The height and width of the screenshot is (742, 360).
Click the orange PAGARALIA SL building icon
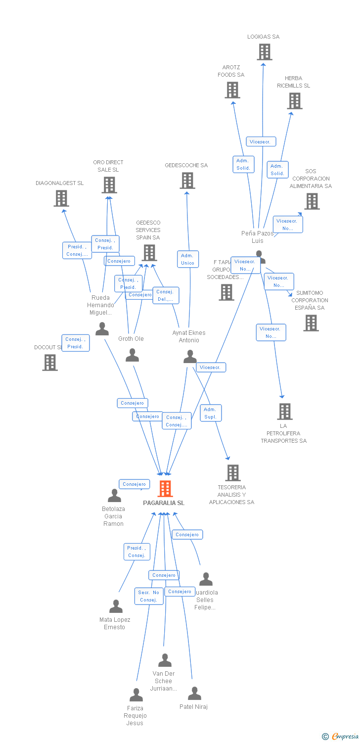[x=165, y=489]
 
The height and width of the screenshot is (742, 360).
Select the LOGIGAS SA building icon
[x=265, y=52]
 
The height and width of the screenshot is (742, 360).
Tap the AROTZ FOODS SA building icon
[x=232, y=90]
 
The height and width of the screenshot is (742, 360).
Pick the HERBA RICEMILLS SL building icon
[x=295, y=101]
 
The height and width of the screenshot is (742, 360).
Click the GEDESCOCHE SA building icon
[x=187, y=181]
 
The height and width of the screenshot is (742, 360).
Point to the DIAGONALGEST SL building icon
[x=61, y=198]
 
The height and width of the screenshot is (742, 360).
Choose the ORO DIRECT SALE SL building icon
[x=109, y=185]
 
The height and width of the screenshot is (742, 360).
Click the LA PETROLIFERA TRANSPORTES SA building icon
[x=284, y=412]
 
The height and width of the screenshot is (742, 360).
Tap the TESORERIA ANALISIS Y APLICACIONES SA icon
[x=233, y=473]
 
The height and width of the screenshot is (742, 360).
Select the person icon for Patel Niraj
[x=194, y=694]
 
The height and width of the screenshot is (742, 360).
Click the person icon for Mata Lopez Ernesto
[x=116, y=606]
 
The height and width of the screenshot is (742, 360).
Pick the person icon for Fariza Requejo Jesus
[x=136, y=695]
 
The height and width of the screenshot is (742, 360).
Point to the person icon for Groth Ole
[x=132, y=355]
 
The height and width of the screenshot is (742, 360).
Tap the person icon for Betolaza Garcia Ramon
[x=114, y=496]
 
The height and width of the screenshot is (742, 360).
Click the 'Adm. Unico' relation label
[x=188, y=259]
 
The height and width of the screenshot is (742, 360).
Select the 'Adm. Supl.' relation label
[x=211, y=413]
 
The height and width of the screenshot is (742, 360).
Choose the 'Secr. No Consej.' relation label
[x=149, y=596]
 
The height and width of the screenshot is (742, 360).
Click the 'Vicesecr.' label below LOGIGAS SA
[x=261, y=142]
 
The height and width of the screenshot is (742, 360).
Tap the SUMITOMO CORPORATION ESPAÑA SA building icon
[x=311, y=323]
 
